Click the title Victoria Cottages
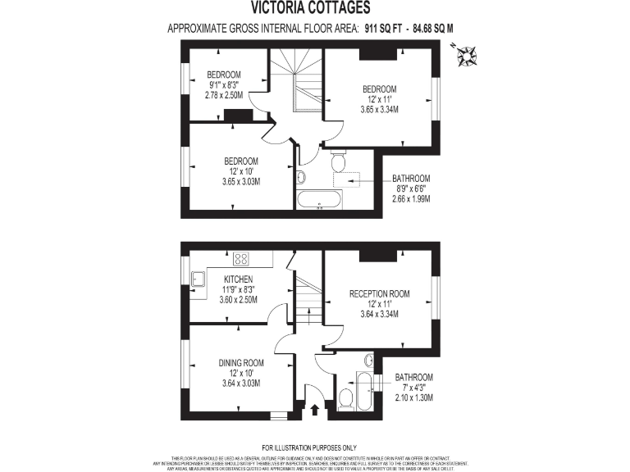pyautogui.click(x=316, y=9)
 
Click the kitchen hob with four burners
pyautogui.click(x=241, y=259)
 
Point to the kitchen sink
pyautogui.click(x=198, y=279)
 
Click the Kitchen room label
pyautogui.click(x=238, y=279)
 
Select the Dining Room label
pyautogui.click(x=241, y=363)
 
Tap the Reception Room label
pyautogui.click(x=379, y=293)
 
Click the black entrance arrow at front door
pyautogui.click(x=315, y=406)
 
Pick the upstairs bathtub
pyautogui.click(x=318, y=199)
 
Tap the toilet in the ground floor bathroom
pyautogui.click(x=345, y=398)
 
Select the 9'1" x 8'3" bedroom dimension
pyautogui.click(x=223, y=84)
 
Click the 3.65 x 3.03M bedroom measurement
pyautogui.click(x=241, y=180)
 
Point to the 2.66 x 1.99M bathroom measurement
pyautogui.click(x=411, y=199)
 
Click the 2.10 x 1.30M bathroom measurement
pyautogui.click(x=413, y=397)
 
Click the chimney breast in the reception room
pyautogui.click(x=377, y=254)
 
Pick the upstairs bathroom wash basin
pyautogui.click(x=301, y=176)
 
